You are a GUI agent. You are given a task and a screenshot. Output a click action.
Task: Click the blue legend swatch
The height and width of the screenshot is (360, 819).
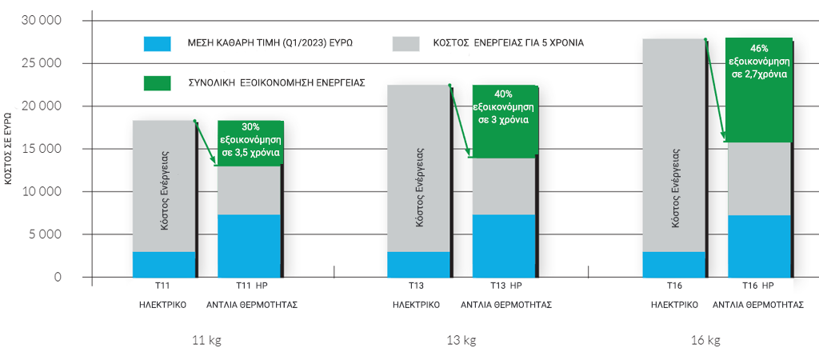(x=157, y=43)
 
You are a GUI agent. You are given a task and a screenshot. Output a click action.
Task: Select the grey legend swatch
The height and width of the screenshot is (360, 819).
(x=406, y=43)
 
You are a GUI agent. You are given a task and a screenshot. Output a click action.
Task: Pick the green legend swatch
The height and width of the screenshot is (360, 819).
(x=157, y=82)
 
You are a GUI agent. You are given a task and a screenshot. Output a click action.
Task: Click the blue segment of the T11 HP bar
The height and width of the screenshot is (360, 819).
(x=250, y=246)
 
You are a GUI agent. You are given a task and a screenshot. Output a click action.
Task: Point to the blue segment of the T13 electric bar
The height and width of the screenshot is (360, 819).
(x=417, y=264)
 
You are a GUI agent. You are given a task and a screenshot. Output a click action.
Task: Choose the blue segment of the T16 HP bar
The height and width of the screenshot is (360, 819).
(x=758, y=246)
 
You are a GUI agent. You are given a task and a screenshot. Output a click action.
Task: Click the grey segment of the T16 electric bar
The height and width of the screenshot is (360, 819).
(x=673, y=145)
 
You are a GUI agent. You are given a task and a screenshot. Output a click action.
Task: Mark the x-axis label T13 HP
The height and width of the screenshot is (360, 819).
(x=505, y=286)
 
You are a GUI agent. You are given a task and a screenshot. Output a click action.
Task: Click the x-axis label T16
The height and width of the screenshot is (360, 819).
(x=674, y=286)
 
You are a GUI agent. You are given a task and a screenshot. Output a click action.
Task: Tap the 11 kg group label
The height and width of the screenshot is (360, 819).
(x=206, y=340)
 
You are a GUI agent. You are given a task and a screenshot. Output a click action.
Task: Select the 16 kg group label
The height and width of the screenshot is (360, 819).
(x=705, y=340)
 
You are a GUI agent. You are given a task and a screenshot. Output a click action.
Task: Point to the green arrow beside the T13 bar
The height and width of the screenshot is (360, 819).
(x=460, y=120)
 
